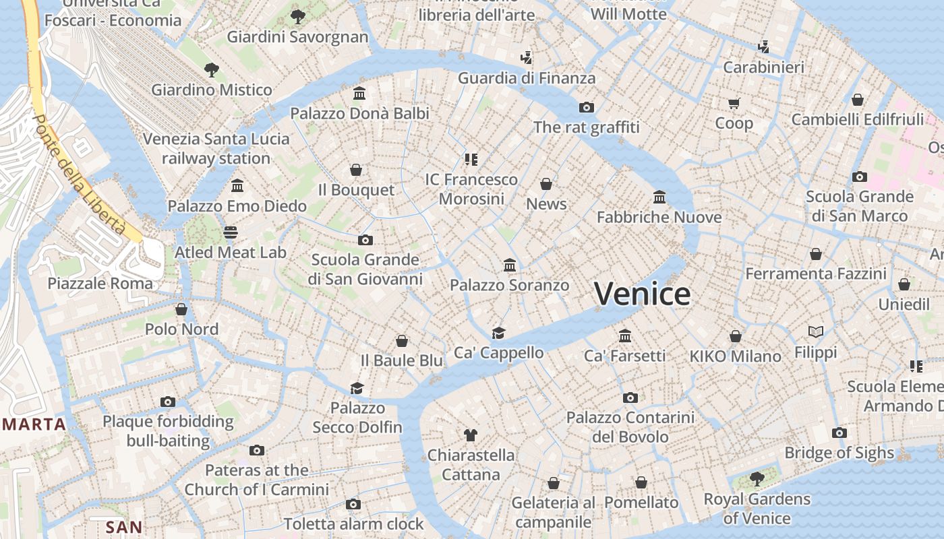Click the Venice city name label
(x=642, y=294)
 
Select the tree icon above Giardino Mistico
(x=212, y=69)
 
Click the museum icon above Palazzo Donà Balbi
(x=359, y=93)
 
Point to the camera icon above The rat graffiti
(x=587, y=107)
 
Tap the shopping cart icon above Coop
(x=734, y=103)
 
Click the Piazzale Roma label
(x=100, y=283)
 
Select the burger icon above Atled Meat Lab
(x=231, y=232)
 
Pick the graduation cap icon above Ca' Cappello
(x=498, y=333)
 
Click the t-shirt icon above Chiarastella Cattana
(x=471, y=435)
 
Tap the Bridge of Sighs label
(x=839, y=453)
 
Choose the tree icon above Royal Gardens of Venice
(x=757, y=479)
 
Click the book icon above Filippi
(x=816, y=332)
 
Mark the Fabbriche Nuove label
(x=659, y=217)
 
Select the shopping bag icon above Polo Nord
(x=181, y=309)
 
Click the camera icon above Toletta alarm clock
(x=353, y=504)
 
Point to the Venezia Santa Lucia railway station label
(x=216, y=149)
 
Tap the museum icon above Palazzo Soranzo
(x=510, y=265)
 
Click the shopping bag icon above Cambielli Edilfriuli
(x=857, y=100)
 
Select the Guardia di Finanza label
(x=527, y=78)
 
